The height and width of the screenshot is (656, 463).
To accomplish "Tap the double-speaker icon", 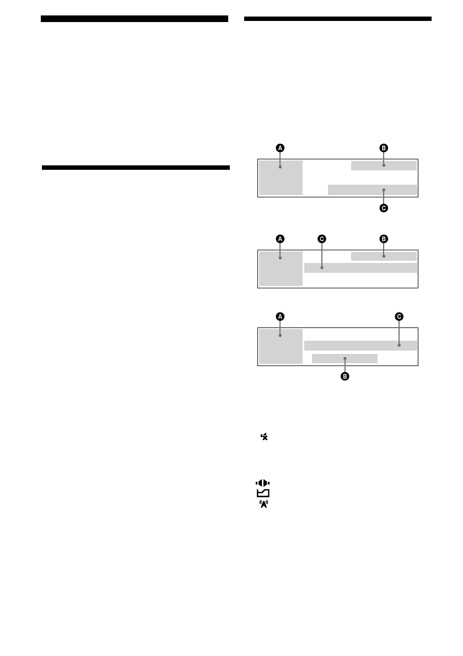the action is click(263, 483).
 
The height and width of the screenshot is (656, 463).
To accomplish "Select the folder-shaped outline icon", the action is click(263, 493).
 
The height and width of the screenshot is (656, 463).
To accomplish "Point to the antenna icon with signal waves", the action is click(263, 503).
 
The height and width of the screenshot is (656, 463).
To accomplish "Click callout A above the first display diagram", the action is click(280, 148).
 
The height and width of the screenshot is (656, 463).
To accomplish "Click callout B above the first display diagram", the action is click(384, 148).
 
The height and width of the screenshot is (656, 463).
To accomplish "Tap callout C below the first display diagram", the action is click(384, 208).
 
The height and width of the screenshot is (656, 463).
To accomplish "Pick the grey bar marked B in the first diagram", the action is click(384, 166).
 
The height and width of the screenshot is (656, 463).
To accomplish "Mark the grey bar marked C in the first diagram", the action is click(372, 190).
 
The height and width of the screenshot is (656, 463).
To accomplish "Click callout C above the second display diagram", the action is click(322, 239).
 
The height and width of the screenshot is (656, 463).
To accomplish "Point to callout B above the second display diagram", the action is click(384, 239).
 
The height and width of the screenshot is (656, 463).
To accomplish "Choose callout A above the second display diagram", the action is click(280, 239).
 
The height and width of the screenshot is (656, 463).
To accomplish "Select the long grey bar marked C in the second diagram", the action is click(360, 268).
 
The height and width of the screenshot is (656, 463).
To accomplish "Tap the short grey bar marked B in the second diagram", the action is click(384, 256).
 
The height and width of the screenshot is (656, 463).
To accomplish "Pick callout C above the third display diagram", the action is click(399, 316).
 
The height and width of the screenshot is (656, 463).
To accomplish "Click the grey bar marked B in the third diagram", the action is click(345, 358).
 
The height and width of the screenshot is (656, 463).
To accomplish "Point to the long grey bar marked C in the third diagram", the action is click(360, 346).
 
